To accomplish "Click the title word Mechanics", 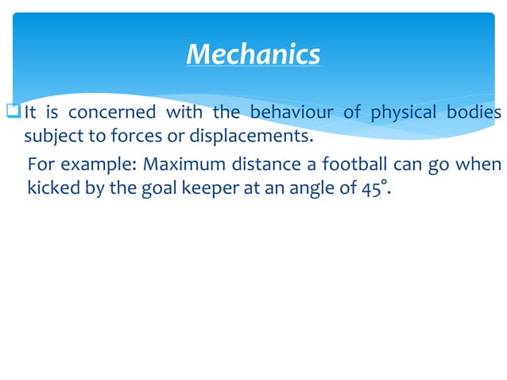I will pyautogui.click(x=253, y=54).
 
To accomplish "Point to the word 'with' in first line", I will pyautogui.click(x=184, y=113).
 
